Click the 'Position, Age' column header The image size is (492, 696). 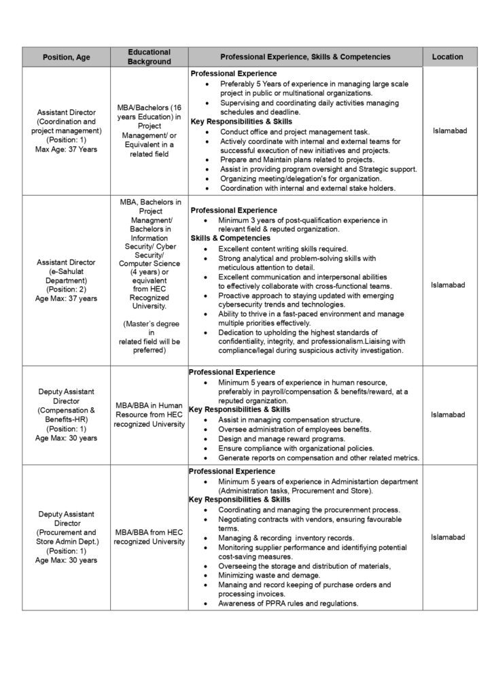(67, 57)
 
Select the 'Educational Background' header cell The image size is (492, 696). (149, 57)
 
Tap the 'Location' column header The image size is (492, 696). (447, 57)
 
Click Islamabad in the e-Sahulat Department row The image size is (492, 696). (447, 285)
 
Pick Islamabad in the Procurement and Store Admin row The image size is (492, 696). (447, 537)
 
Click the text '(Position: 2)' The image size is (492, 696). (67, 289)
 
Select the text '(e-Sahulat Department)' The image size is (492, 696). (67, 275)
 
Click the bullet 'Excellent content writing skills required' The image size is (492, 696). (283, 249)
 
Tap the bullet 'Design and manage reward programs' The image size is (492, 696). (275, 438)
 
